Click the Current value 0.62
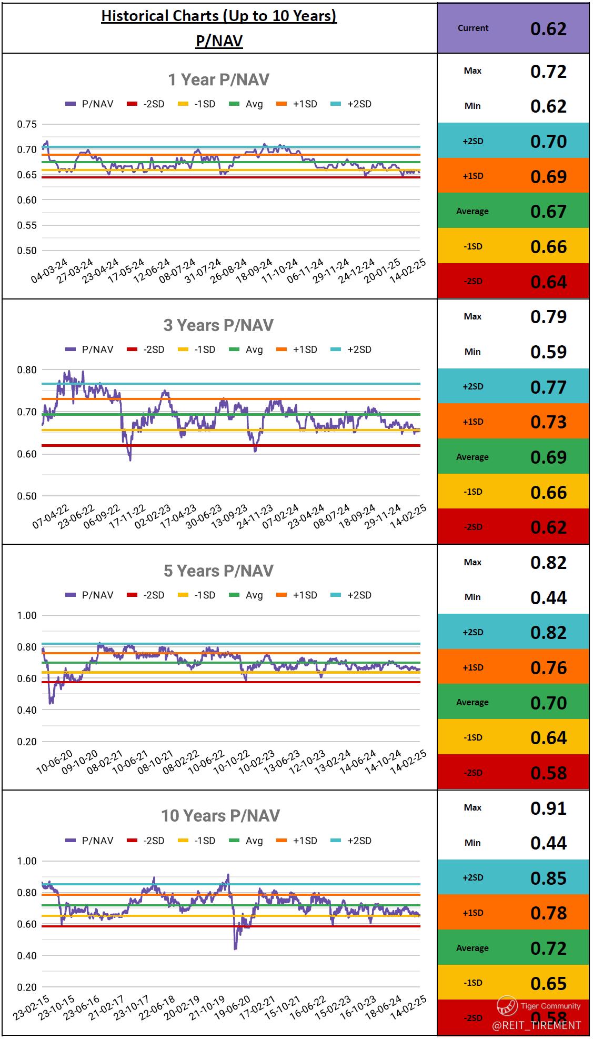tap(548, 28)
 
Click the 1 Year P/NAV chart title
tap(218, 79)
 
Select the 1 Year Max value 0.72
tap(548, 71)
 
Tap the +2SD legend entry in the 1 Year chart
tap(351, 104)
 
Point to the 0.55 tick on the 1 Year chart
tap(27, 225)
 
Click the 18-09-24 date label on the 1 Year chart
tap(255, 271)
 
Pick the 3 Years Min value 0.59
tap(548, 352)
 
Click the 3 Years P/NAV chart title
tap(218, 325)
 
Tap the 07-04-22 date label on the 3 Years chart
tap(51, 516)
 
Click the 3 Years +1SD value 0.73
tap(548, 422)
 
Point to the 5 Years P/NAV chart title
tap(218, 571)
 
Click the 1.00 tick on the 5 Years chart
tap(27, 615)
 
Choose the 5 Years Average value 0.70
tap(548, 703)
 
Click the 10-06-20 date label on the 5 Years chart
tap(55, 762)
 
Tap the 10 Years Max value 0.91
tap(548, 808)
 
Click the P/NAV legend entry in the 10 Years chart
tap(89, 841)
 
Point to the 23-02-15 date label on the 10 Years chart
tap(32, 1007)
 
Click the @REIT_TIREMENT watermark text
tap(536, 1025)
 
